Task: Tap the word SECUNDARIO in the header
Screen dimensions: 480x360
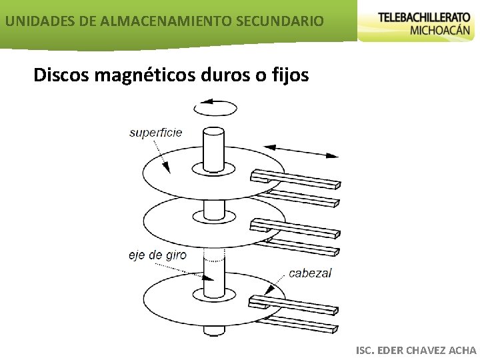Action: [280, 21]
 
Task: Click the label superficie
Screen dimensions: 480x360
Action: [155, 133]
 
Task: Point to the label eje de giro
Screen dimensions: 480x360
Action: [157, 255]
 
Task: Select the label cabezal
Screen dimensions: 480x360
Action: [310, 273]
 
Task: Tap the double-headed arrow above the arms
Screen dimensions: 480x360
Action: [301, 151]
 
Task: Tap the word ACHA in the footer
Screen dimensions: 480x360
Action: [463, 350]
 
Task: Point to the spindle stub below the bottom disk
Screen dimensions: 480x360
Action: [215, 328]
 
